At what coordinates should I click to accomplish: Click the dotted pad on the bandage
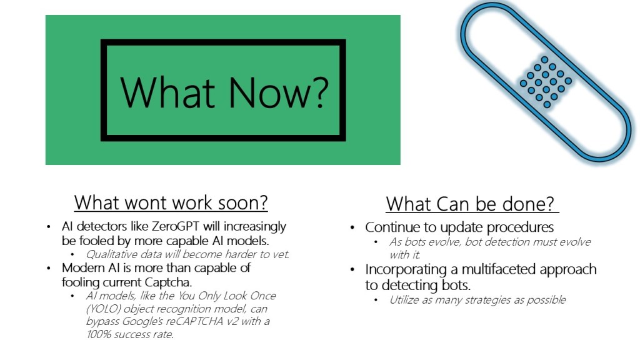tap(545, 82)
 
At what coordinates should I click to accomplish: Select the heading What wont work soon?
tap(171, 202)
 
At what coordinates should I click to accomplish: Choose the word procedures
tap(521, 227)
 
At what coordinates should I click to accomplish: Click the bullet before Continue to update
tap(353, 227)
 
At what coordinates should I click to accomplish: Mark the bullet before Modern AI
tap(49, 269)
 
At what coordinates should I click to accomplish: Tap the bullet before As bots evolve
tap(376, 242)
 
